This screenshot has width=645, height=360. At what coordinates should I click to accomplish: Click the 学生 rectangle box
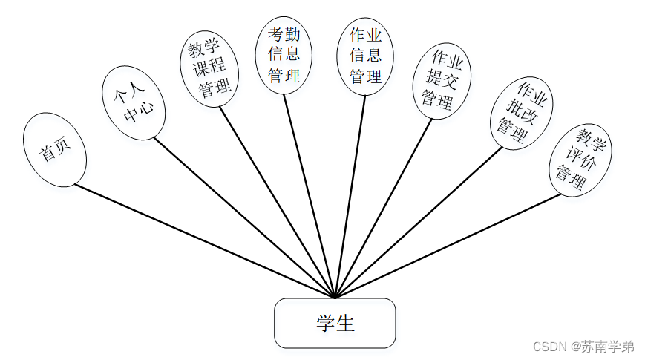pyautogui.click(x=335, y=323)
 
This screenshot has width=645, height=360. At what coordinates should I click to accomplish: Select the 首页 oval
pyautogui.click(x=56, y=150)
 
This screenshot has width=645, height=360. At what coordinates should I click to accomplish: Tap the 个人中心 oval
pyautogui.click(x=134, y=103)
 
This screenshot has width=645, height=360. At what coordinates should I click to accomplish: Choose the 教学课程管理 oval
pyautogui.click(x=209, y=69)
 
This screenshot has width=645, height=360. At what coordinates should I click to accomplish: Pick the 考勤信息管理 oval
pyautogui.click(x=284, y=55)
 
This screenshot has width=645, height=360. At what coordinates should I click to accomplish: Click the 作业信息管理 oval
pyautogui.click(x=365, y=55)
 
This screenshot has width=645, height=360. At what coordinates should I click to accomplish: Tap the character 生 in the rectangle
pyautogui.click(x=345, y=324)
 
